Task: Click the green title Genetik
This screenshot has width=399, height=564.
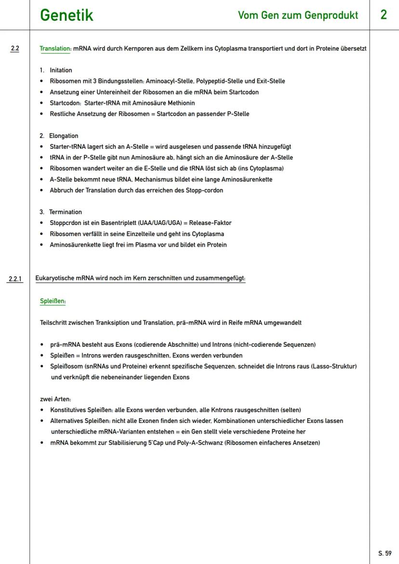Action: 66,15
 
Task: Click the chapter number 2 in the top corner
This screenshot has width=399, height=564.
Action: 384,15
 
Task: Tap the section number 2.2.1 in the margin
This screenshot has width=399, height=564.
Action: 16,279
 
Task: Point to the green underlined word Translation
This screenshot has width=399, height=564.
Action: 55,49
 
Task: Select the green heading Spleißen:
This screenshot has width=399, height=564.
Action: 53,301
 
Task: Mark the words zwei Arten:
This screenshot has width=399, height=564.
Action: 55,399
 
